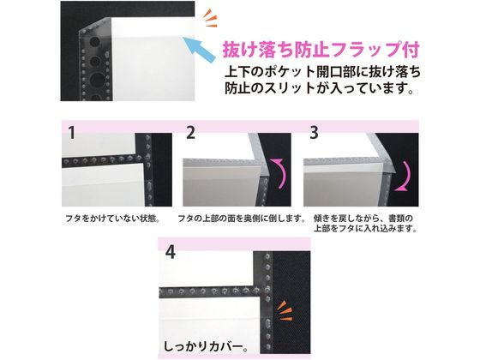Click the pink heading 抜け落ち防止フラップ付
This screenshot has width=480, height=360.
[321, 51]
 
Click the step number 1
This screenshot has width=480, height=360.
[72, 133]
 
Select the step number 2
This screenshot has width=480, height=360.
[190, 133]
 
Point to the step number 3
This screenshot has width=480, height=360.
[314, 133]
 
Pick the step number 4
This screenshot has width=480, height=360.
[171, 253]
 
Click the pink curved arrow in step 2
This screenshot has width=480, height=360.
[281, 173]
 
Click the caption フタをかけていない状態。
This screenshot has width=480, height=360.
[112, 219]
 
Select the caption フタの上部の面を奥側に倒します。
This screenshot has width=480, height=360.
[242, 219]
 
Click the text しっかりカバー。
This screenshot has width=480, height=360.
[206, 346]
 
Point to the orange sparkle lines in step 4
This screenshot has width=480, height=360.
[284, 311]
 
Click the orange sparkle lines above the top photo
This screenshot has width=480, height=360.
[210, 18]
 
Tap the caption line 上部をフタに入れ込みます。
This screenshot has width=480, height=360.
[365, 229]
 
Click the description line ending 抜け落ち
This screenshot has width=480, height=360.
[322, 72]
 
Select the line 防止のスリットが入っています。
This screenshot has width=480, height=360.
[319, 88]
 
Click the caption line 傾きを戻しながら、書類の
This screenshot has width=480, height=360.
[363, 219]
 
